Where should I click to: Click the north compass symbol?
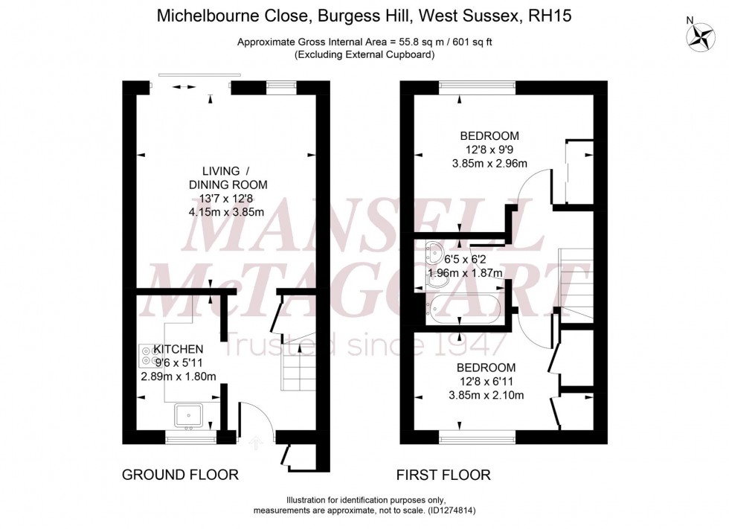coord(699,37)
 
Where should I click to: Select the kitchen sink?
coord(189,414)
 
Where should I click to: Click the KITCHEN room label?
coord(179,349)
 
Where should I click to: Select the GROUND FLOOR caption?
coord(180,475)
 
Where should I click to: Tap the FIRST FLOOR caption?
coord(443,475)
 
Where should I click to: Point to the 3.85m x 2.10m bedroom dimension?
coord(486,395)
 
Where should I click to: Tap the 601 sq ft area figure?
coord(467,42)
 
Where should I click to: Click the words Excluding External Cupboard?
coord(364,54)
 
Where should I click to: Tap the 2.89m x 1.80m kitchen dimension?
coord(179,376)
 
